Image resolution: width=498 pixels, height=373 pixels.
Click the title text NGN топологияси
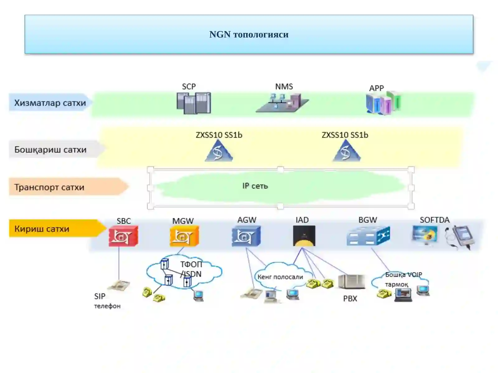[249, 35]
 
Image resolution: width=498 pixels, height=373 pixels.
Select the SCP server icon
[194, 103]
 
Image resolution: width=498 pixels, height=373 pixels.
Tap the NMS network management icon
[282, 103]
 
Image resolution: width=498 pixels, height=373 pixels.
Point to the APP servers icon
[383, 103]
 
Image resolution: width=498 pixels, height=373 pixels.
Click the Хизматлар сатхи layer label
[50, 103]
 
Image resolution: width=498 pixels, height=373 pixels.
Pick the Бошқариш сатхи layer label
[50, 150]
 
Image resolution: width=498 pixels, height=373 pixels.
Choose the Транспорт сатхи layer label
[49, 187]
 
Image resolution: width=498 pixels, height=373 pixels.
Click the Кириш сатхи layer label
[42, 229]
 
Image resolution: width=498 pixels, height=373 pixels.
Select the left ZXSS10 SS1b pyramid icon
[219, 150]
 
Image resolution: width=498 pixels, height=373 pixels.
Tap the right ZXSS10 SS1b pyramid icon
[346, 150]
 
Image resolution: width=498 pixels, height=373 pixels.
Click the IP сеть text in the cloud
[255, 186]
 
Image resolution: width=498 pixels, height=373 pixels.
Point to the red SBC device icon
[123, 236]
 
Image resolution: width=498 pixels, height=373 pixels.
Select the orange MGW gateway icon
[184, 236]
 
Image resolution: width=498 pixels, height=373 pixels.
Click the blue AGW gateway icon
[246, 236]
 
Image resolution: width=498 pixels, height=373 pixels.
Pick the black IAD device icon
[304, 236]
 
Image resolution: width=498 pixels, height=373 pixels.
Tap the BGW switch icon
[368, 236]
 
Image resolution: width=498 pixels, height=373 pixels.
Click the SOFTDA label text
[435, 220]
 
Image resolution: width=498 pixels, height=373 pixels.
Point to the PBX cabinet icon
[351, 282]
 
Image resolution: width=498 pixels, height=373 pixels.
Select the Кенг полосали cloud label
[280, 277]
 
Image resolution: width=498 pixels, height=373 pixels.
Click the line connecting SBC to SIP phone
[119, 263]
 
